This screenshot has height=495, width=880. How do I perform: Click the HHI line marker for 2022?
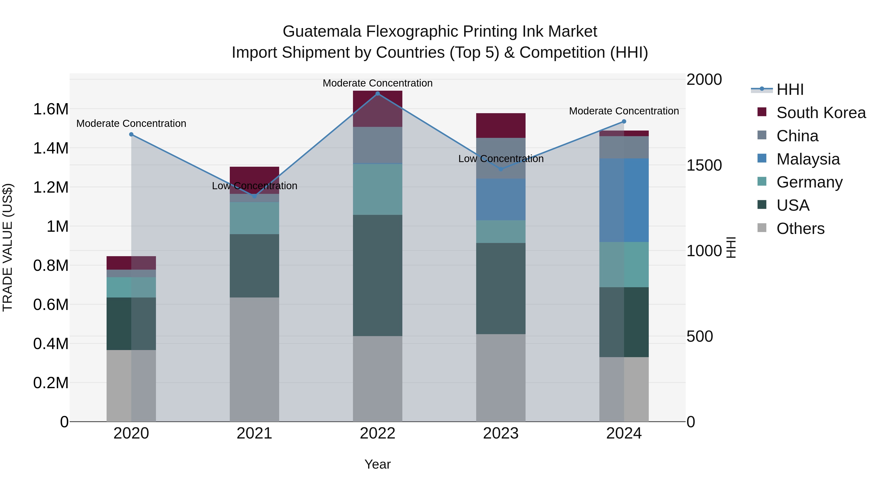point(377,94)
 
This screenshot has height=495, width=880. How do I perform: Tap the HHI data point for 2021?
point(254,196)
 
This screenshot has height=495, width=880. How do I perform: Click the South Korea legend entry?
point(821,113)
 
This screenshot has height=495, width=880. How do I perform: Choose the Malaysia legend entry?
point(808,159)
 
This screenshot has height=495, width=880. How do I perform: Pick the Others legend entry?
point(800,229)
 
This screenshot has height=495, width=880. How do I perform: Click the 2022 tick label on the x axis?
point(377,433)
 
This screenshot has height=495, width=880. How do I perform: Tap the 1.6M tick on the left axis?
point(51,109)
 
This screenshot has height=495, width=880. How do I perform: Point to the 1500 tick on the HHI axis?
point(704,165)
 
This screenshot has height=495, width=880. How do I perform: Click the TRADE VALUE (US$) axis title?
point(8,247)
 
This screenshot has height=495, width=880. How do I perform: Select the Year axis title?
point(377,464)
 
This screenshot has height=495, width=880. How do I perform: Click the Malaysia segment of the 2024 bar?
point(624,200)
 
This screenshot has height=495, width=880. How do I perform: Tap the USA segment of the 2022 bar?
point(377,275)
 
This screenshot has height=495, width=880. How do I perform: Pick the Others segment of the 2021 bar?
point(254,359)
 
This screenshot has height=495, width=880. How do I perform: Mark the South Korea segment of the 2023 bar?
point(501,125)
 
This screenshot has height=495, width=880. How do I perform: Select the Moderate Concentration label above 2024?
point(624,111)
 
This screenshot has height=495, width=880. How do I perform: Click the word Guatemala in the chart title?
point(322,32)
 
